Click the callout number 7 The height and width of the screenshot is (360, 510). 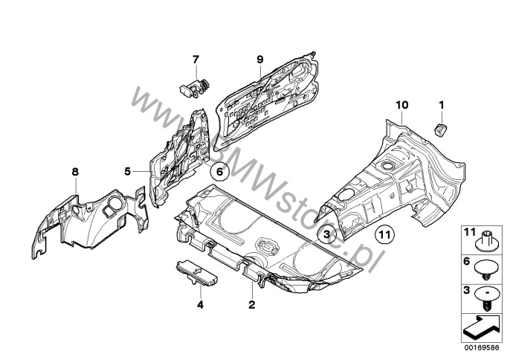point(195,60)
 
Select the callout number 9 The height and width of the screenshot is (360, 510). point(259,60)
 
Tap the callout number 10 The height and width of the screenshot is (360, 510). point(401,105)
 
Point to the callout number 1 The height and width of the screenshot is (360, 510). point(442,105)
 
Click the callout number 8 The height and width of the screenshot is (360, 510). point(75,172)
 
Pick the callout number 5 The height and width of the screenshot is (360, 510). point(127,171)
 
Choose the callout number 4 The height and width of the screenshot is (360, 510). point(200,305)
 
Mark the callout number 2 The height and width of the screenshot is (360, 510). point(252,305)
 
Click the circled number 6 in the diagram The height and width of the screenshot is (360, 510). point(219,171)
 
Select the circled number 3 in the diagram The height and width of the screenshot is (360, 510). point(326,234)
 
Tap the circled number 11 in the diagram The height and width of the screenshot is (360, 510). point(384,234)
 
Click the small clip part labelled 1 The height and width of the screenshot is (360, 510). point(440,130)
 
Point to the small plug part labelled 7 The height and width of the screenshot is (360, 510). point(195,89)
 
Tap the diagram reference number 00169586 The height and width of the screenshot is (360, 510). point(482,347)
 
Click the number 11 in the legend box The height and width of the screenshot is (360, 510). point(470,232)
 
